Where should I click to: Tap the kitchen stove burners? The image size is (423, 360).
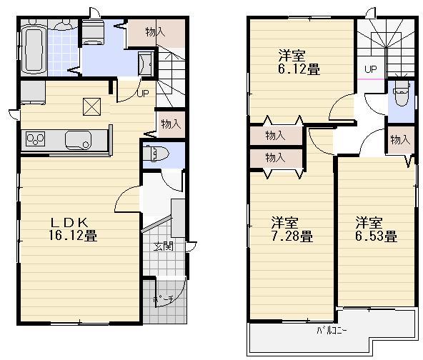[x=35, y=139]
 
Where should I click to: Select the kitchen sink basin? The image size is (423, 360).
[x=76, y=139]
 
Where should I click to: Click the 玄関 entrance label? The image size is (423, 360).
[x=161, y=247]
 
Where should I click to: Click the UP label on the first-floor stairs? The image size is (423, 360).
[x=143, y=94]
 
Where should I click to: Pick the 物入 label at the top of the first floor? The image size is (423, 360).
[x=154, y=31]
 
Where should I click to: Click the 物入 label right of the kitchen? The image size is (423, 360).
[x=170, y=124]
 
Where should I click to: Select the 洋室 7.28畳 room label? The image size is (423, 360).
[x=290, y=229]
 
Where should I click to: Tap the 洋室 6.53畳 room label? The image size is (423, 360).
[x=376, y=229]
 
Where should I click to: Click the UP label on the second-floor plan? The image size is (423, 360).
[x=370, y=69]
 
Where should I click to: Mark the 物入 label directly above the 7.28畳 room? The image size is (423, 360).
[x=275, y=157]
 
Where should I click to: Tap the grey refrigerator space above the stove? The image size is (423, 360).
[x=31, y=92]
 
